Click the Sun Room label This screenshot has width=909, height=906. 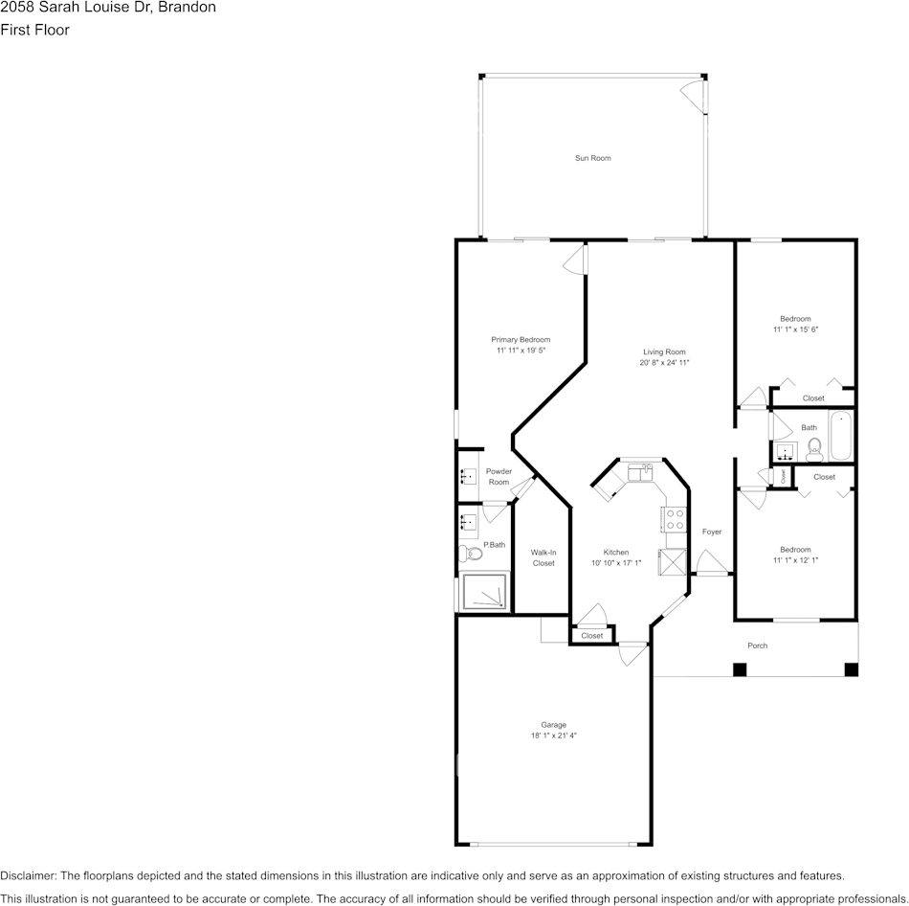coord(592,158)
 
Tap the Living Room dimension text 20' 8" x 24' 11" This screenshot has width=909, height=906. coord(664,363)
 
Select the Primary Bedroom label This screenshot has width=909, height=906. coord(521,340)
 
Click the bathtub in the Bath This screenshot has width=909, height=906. coord(840,437)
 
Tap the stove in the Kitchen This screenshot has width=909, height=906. coord(674,519)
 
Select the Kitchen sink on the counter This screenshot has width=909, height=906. coord(640,472)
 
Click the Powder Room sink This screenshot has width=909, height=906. coord(469,476)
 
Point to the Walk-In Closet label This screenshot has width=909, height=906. coord(543,557)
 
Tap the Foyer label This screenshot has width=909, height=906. coord(712,532)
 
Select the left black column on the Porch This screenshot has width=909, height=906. coord(739,669)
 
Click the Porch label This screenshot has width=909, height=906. coord(757,646)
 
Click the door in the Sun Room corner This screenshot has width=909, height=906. coord(691,93)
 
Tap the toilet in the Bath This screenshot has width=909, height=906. coord(814,446)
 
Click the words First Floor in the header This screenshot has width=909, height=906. coord(35,30)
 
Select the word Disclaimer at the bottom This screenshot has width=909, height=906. coord(28,875)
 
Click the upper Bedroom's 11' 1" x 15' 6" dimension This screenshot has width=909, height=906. coord(795,329)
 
